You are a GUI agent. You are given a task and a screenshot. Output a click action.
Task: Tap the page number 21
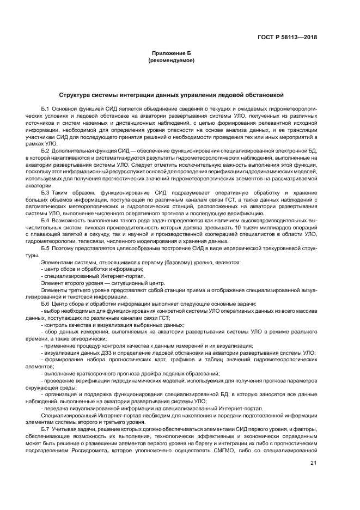tap(313, 464)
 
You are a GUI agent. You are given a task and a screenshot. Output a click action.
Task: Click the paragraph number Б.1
tap(45, 110)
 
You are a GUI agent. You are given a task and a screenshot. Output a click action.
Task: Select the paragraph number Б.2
tap(45, 150)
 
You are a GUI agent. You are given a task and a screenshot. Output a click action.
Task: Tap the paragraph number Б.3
tap(45, 192)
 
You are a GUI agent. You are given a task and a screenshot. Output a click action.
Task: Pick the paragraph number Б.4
tap(45, 221)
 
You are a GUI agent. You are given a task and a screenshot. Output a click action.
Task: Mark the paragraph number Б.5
tap(45, 248)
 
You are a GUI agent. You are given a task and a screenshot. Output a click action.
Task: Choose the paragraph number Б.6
tap(45, 303)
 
